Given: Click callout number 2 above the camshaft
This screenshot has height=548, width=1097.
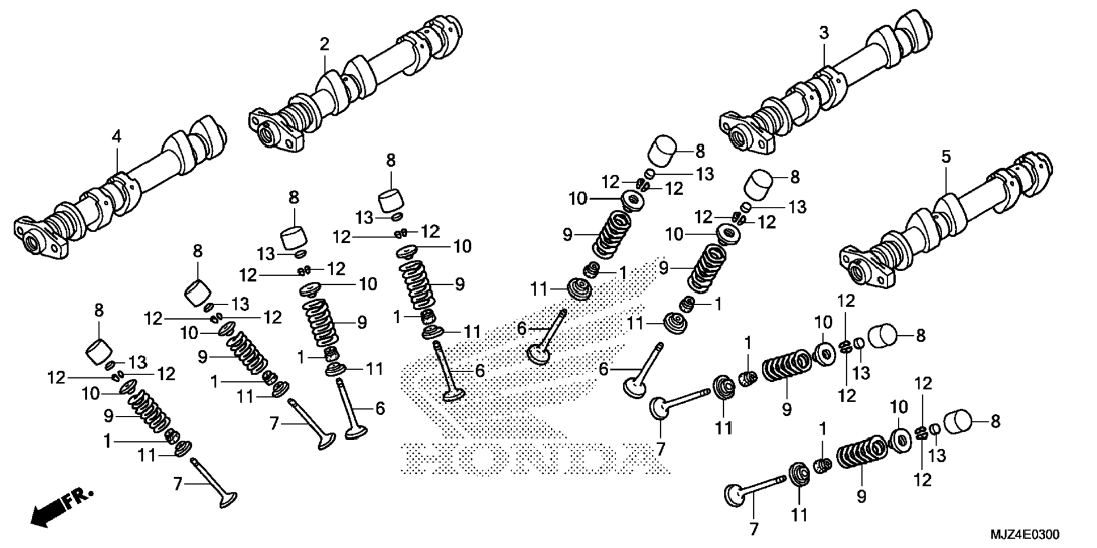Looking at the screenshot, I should pos(324,44).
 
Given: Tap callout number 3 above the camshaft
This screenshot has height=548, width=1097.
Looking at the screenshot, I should pos(824,33).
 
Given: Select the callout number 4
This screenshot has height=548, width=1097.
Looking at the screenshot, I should pos(116,136).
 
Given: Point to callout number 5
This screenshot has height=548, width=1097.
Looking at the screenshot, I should pos(946,157).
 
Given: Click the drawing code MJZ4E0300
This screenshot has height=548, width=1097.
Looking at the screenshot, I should pos(1024,534).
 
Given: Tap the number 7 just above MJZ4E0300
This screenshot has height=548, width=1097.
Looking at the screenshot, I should pos(753,529).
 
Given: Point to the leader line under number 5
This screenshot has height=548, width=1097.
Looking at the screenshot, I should pos(946,182).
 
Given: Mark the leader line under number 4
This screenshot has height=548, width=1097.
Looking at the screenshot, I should pos(117,159).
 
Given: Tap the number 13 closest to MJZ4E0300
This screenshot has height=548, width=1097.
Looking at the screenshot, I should pos(937,455).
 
